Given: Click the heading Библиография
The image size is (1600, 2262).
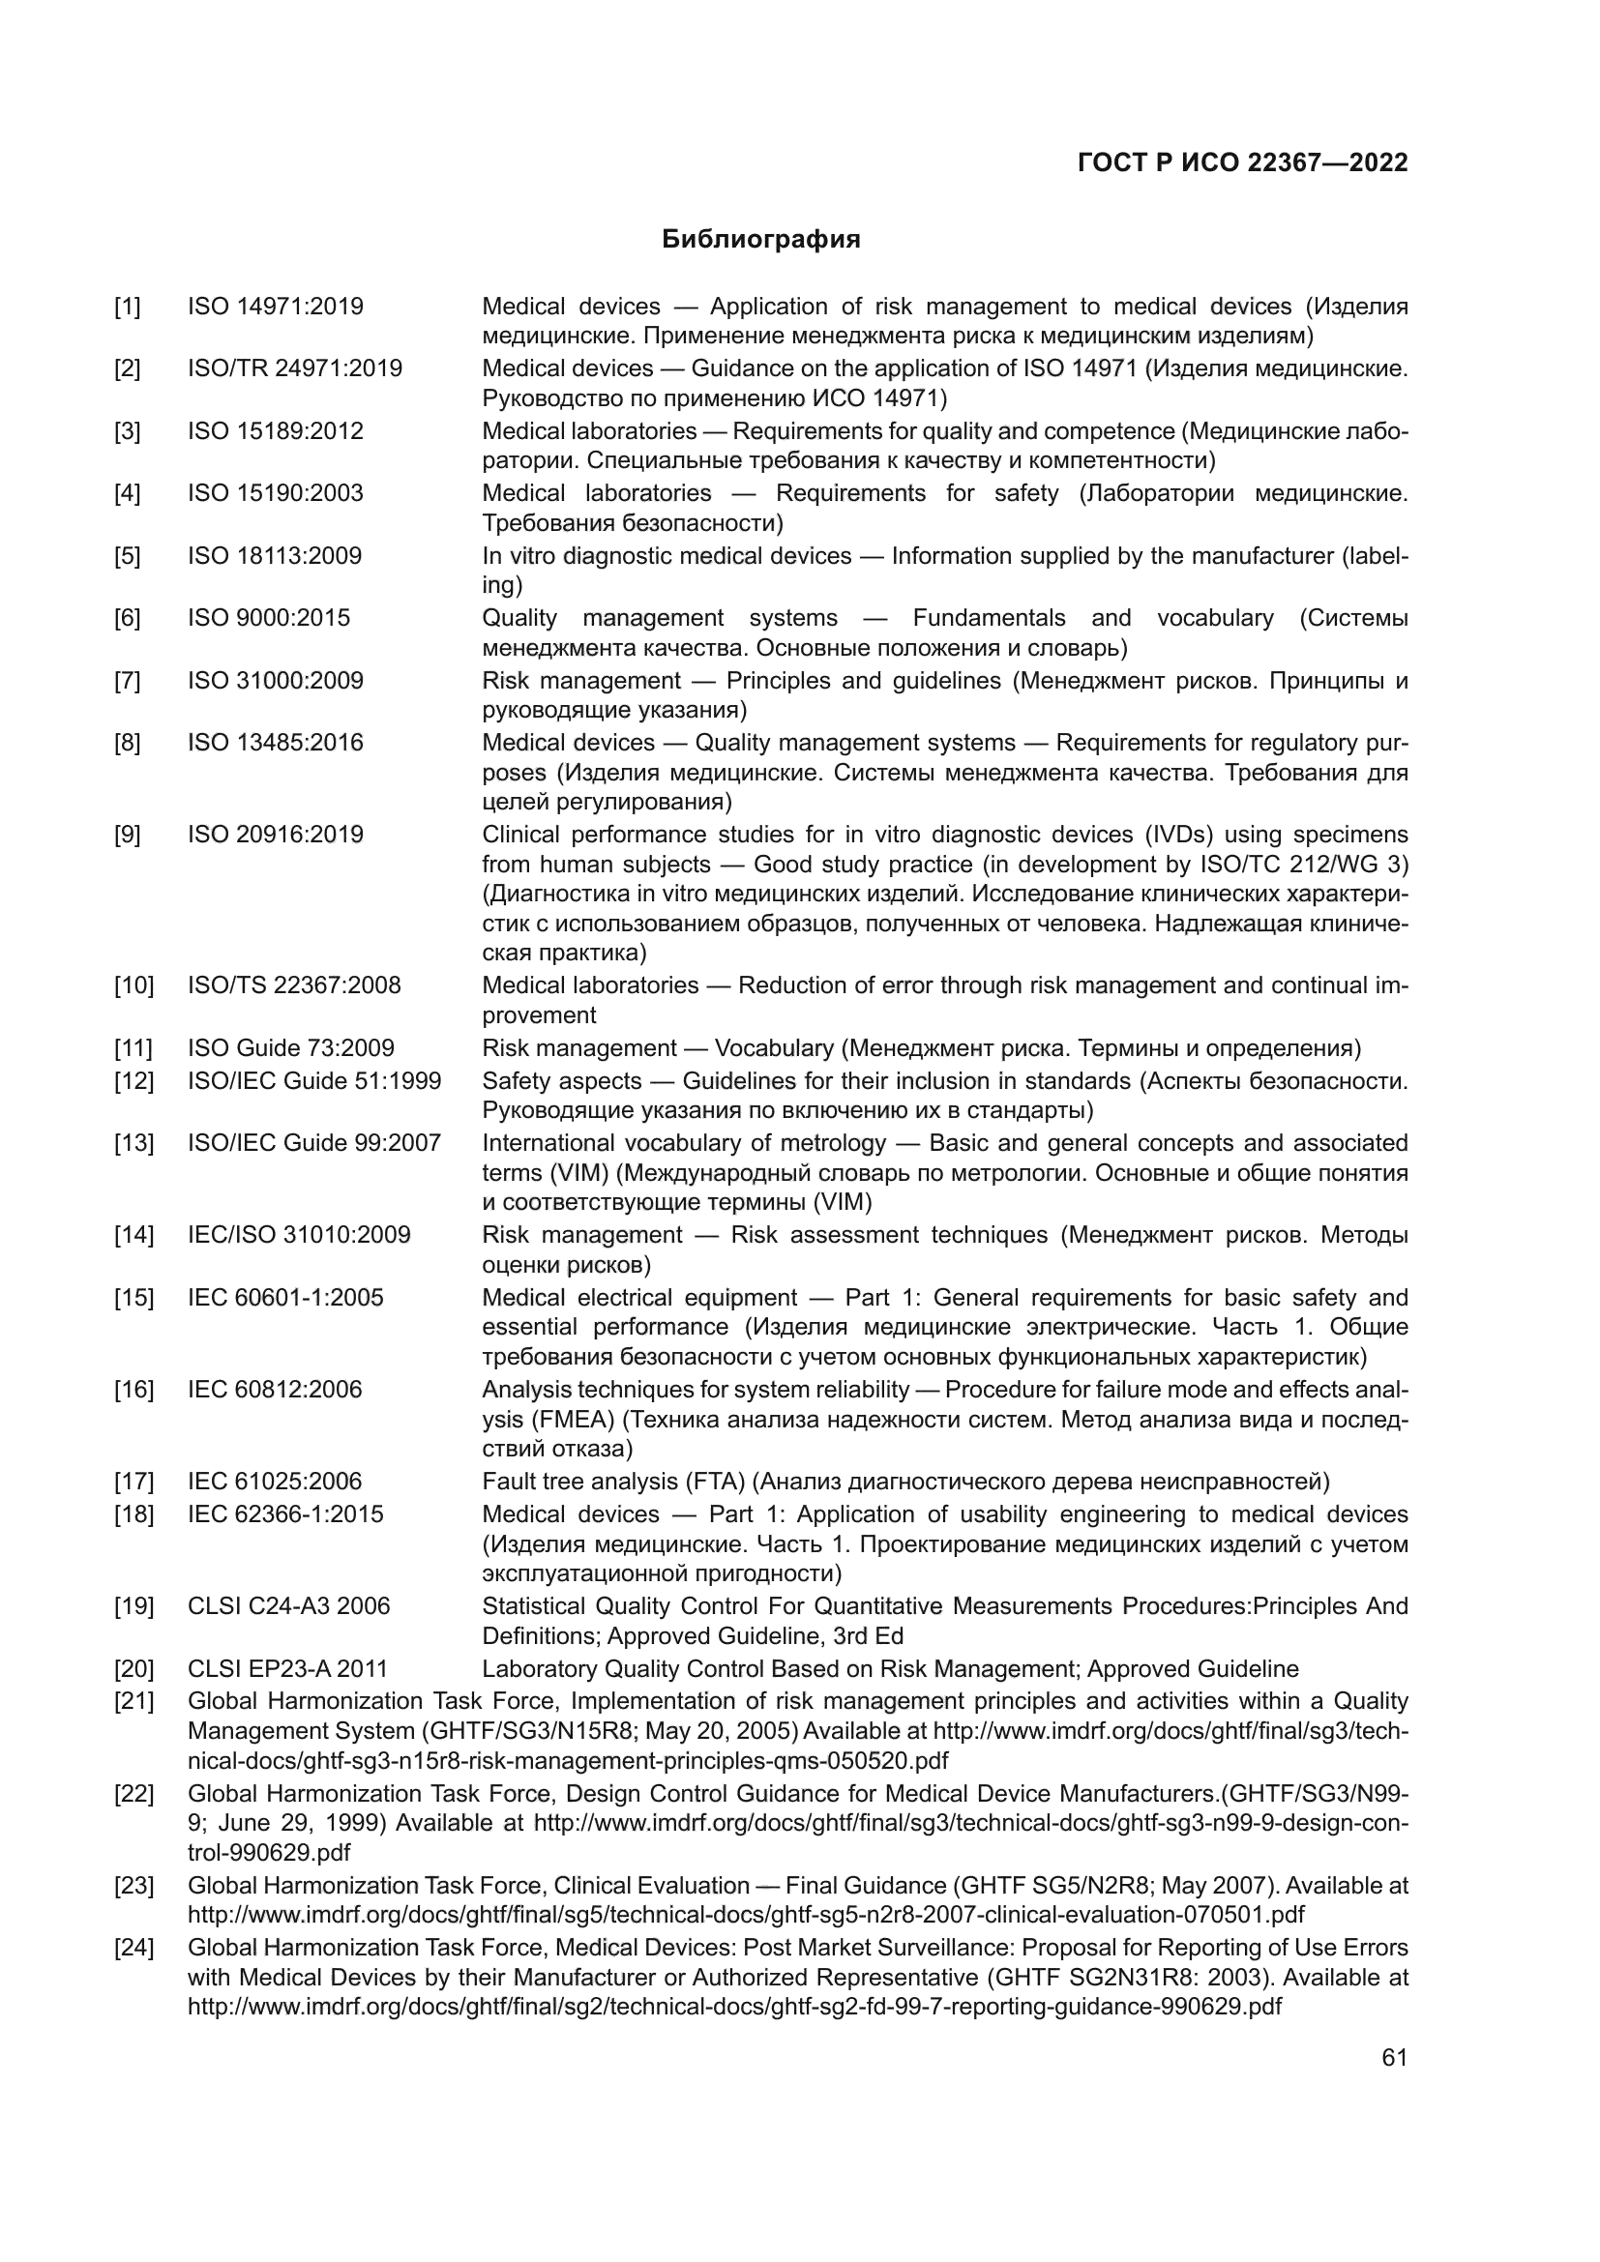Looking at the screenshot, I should [x=760, y=240].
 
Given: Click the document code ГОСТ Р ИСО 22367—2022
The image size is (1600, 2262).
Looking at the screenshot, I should [x=1242, y=163].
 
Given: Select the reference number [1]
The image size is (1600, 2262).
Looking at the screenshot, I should [x=127, y=307].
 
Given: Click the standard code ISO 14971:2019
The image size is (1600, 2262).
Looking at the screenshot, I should [x=275, y=307].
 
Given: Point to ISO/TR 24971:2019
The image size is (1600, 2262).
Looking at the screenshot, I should [x=295, y=368].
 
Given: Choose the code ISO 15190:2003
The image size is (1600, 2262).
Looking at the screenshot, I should [x=275, y=492].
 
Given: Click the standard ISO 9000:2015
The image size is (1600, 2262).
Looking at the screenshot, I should [x=269, y=618].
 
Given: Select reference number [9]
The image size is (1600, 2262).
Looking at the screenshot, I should [x=127, y=835].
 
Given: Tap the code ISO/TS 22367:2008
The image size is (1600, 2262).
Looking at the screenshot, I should [x=294, y=985].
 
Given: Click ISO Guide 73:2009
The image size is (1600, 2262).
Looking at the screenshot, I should [x=290, y=1048].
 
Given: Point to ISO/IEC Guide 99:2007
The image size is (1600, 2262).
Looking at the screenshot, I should [x=314, y=1143].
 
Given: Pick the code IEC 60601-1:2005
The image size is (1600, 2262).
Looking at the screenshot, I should [x=285, y=1298].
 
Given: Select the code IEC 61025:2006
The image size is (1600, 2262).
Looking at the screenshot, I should [x=275, y=1482].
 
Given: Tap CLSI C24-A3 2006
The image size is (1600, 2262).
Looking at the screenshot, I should [x=288, y=1606].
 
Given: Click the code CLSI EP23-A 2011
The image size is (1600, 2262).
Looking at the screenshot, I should [x=287, y=1669].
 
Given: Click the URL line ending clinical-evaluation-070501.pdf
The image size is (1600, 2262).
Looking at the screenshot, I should [x=746, y=1914].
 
